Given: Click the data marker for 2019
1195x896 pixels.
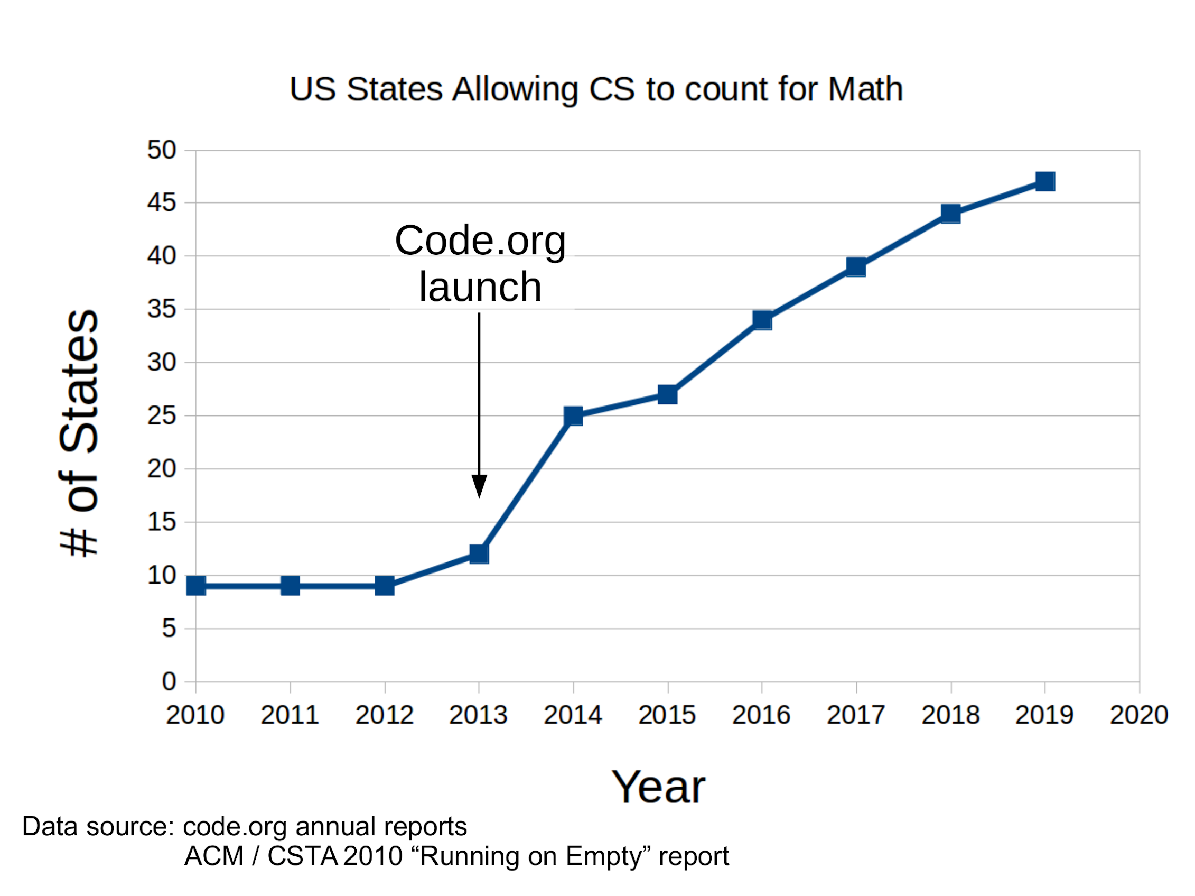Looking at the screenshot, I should click(1045, 181).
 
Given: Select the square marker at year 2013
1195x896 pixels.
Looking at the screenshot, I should click(479, 554).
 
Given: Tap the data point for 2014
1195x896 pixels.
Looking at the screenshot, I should click(573, 416).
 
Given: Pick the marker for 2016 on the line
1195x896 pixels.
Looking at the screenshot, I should click(762, 320).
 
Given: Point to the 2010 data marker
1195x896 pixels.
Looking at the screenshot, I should click(196, 586).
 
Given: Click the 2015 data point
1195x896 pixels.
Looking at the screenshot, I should click(668, 394).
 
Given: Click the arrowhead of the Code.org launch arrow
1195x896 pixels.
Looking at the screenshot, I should click(479, 486).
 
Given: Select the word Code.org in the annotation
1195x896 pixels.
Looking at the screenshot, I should click(480, 241).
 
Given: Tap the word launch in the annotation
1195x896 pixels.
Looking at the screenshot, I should click(480, 287).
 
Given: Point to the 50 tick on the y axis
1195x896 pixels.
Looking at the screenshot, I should click(162, 150).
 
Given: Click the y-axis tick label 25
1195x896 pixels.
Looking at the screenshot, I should click(162, 416).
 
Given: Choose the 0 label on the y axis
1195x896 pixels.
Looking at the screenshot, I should click(169, 681).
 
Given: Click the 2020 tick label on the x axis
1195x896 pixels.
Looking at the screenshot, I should click(1139, 716).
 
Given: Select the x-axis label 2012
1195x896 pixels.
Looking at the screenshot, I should click(384, 716).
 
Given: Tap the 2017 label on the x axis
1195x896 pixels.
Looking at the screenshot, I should click(856, 716).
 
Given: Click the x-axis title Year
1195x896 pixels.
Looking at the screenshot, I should click(658, 788).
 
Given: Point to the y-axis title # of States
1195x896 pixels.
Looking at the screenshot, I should click(80, 432).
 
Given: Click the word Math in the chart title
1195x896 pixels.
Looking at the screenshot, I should click(865, 89).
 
